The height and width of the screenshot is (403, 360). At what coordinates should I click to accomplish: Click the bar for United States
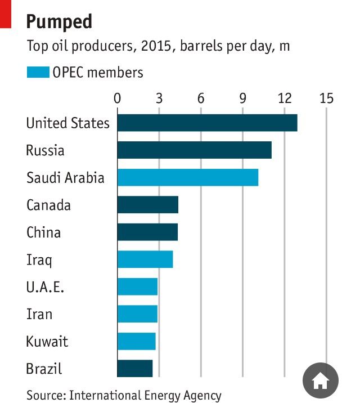[x=207, y=123]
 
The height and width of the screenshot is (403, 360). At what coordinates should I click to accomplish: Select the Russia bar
[x=194, y=150]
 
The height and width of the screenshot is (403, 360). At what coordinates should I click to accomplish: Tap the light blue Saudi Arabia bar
[x=187, y=177]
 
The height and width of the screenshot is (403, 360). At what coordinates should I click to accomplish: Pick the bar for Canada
[x=147, y=205]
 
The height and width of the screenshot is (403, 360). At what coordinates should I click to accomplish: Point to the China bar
[x=147, y=232]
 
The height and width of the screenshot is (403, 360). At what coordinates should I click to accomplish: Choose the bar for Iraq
[x=145, y=259]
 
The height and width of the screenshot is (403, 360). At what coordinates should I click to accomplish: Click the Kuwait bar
[x=136, y=341]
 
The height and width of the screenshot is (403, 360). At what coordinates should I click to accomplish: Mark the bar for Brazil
[x=134, y=369]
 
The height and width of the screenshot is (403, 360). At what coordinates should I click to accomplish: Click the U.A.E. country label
[x=45, y=287]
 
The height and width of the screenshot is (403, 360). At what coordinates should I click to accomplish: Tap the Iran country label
[x=39, y=314]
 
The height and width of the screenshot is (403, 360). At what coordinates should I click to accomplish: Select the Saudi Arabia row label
[x=65, y=178]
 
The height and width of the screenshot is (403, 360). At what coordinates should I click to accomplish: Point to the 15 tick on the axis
[x=326, y=98]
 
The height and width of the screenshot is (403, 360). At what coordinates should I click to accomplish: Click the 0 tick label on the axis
[x=117, y=98]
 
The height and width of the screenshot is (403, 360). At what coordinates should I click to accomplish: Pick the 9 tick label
[x=243, y=98]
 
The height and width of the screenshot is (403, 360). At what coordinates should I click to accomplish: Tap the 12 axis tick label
[x=285, y=98]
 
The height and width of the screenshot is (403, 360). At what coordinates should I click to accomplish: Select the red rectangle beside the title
[x=6, y=14]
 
